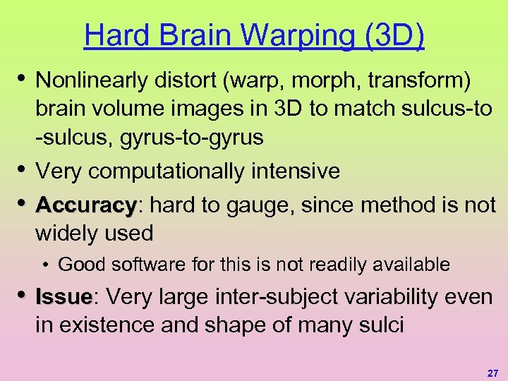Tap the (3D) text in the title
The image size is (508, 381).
coord(394,35)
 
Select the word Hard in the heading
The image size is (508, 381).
coord(112,35)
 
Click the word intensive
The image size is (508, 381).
coord(301,171)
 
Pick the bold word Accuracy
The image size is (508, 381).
coord(86,205)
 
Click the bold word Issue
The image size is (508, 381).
coord(64,297)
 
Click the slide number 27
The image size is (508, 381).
coord(492,371)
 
